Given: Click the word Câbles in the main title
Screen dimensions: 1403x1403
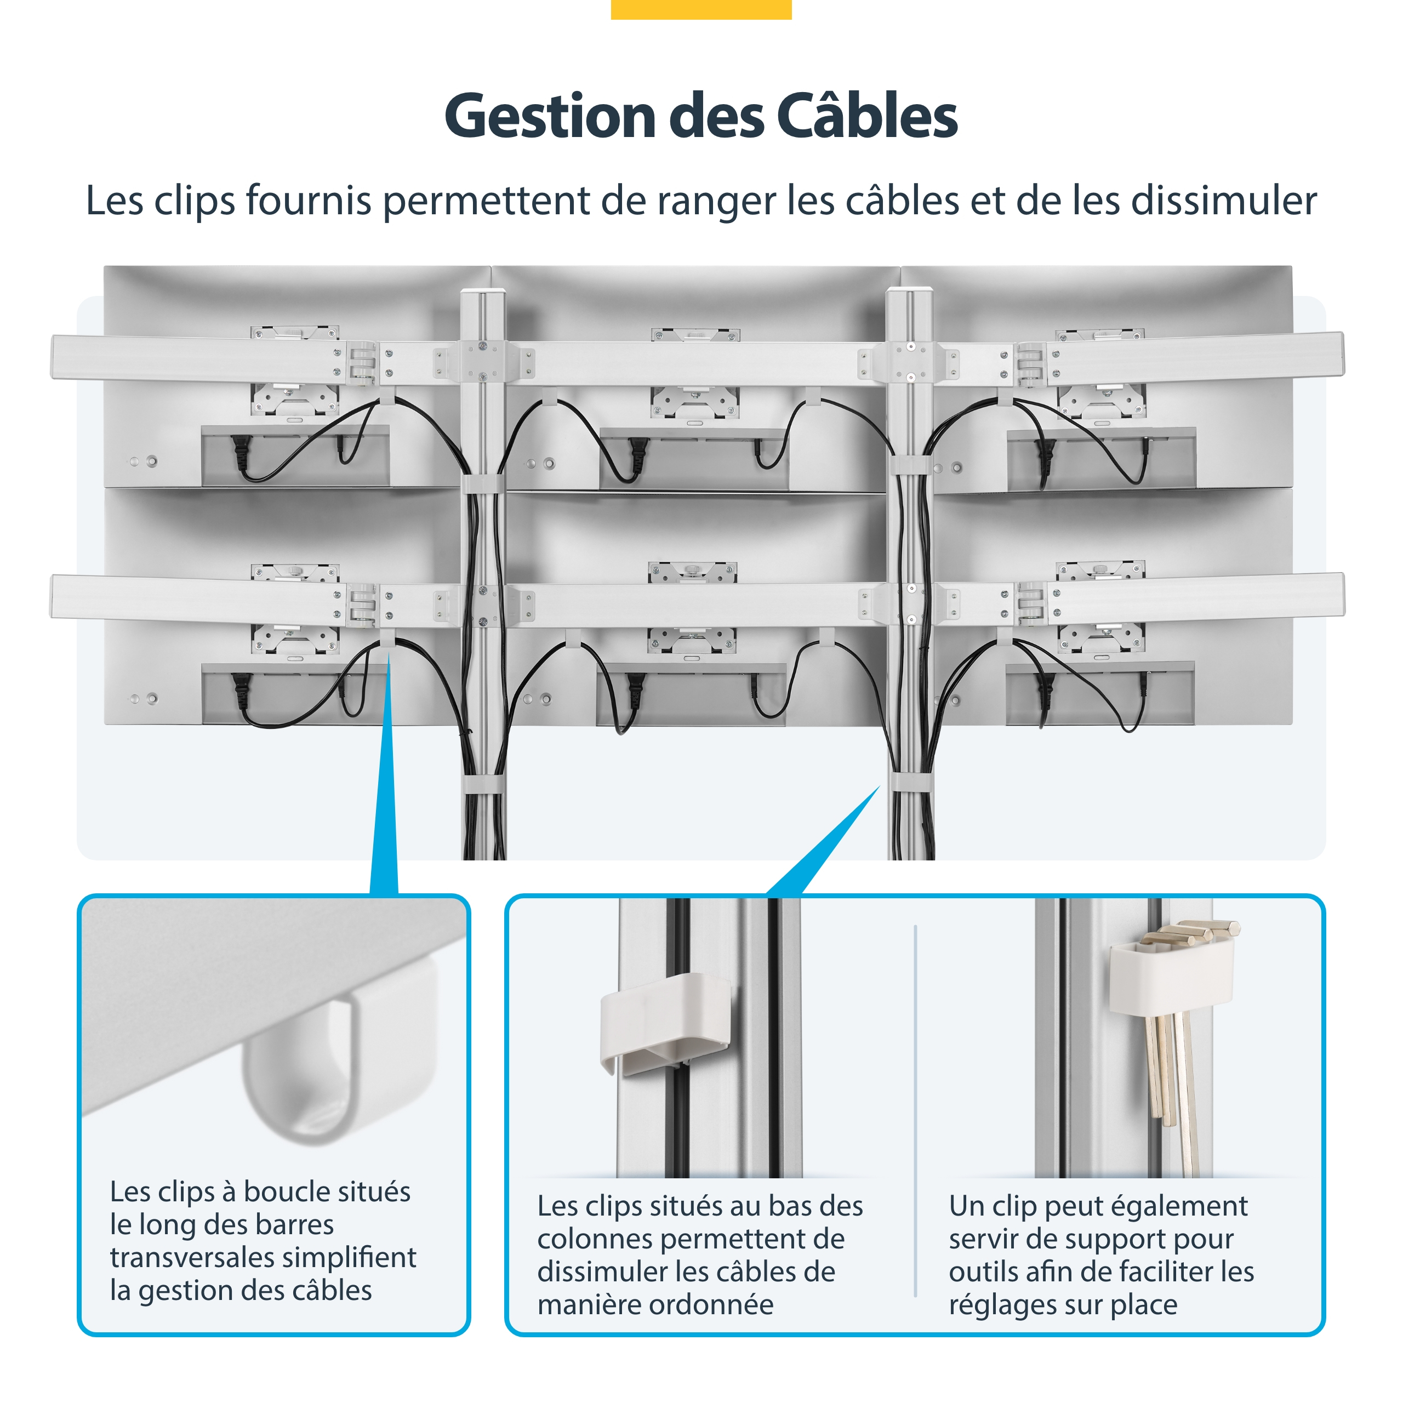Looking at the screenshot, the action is (x=867, y=116).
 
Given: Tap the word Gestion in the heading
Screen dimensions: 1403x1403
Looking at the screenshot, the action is (x=550, y=117).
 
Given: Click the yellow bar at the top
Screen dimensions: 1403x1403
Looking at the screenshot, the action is (x=701, y=9).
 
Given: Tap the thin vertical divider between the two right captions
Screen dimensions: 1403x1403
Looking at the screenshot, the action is (x=915, y=1110).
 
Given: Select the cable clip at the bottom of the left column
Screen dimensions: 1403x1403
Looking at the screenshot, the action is (x=482, y=784).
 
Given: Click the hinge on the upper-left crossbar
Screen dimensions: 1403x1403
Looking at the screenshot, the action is (x=361, y=362).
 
